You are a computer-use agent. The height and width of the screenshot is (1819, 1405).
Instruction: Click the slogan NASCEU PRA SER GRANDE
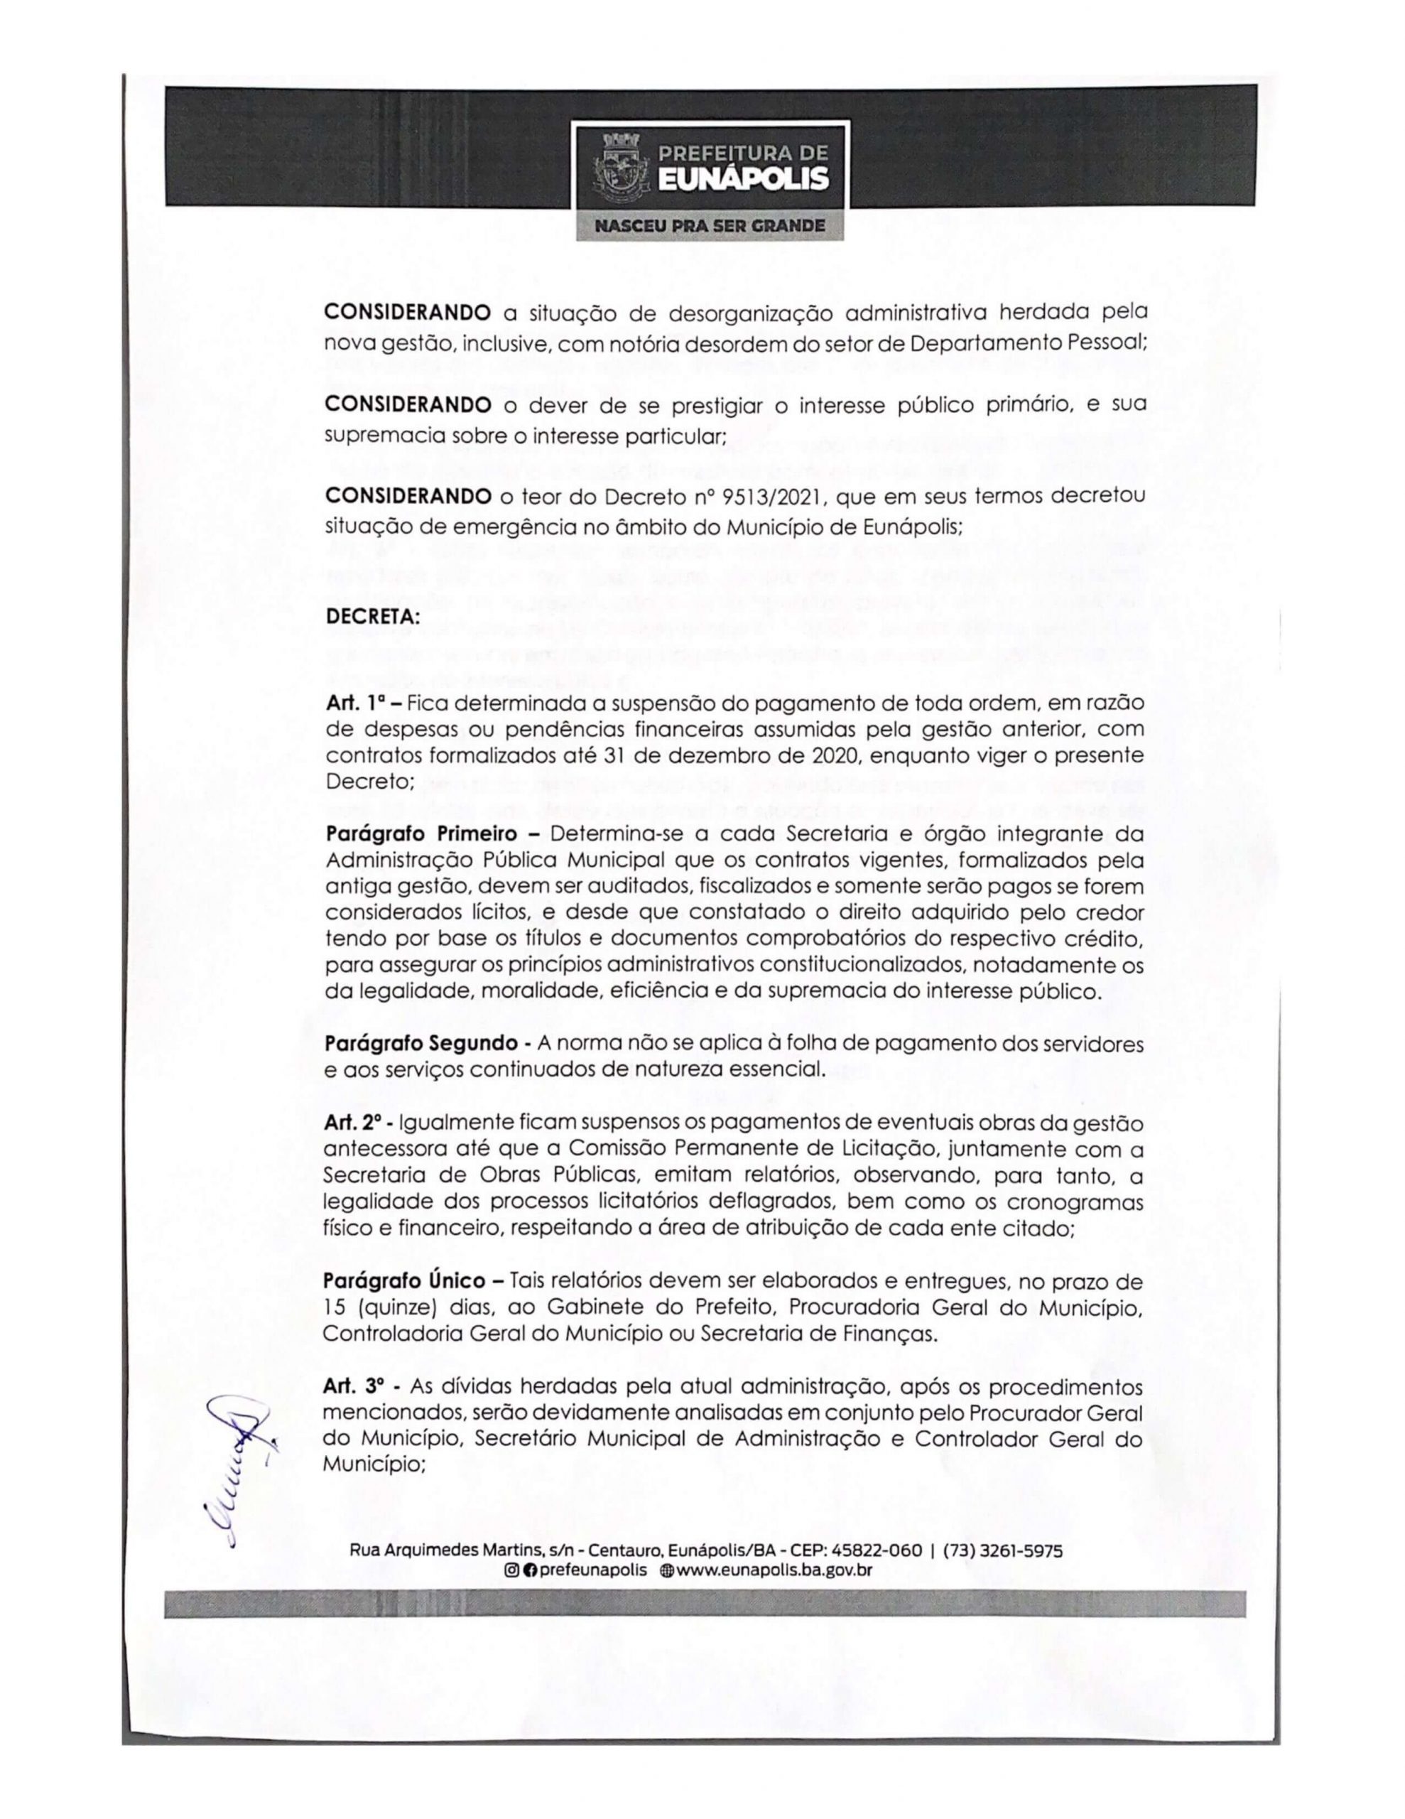[x=710, y=226]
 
